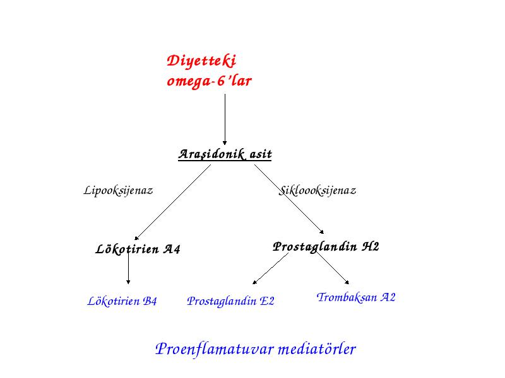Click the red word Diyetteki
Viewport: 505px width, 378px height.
[201, 61]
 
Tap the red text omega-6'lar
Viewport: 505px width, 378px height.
[209, 81]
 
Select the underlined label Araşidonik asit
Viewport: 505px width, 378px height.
[225, 154]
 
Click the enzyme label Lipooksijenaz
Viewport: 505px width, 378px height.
[118, 190]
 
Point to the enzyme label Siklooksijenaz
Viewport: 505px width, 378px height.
[318, 190]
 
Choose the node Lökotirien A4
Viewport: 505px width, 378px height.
[138, 249]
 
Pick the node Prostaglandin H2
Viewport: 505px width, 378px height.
[326, 247]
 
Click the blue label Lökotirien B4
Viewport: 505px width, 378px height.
[122, 301]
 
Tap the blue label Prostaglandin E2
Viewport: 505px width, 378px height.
[230, 301]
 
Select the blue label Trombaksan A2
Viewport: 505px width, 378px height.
[356, 297]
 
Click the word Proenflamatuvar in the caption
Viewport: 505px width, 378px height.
[214, 349]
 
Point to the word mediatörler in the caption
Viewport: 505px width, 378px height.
[317, 349]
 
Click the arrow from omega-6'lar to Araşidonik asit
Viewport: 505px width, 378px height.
[225, 120]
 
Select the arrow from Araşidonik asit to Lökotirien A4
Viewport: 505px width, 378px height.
[172, 202]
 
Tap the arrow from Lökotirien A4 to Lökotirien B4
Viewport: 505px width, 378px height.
[128, 266]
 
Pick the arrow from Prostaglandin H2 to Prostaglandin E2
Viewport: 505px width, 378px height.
[271, 268]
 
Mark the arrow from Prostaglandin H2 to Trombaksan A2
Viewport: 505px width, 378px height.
[332, 267]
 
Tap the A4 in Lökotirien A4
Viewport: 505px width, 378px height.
[172, 249]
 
